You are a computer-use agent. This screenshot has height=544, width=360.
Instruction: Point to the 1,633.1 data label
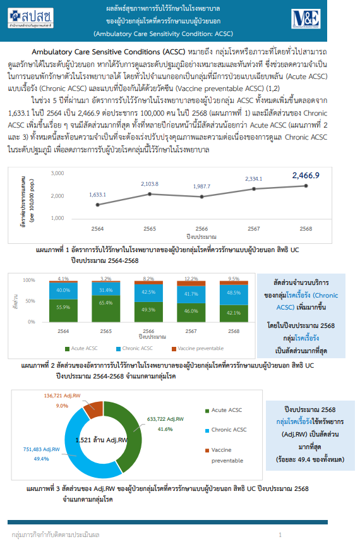(98, 195)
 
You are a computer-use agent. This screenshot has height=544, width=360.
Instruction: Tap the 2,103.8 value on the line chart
(150, 184)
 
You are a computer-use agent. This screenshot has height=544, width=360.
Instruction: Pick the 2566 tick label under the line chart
(201, 229)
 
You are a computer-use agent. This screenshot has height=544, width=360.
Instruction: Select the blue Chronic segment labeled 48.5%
(234, 293)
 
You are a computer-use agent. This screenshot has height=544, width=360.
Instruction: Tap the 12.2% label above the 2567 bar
(191, 279)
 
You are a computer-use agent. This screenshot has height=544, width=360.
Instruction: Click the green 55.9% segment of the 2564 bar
(63, 307)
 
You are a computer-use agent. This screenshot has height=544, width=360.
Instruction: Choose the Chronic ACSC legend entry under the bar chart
(135, 348)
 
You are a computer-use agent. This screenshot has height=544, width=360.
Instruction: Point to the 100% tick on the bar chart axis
(30, 279)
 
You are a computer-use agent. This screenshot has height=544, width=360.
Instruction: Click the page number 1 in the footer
(280, 535)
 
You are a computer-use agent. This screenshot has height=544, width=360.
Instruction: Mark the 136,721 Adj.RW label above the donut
(62, 396)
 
